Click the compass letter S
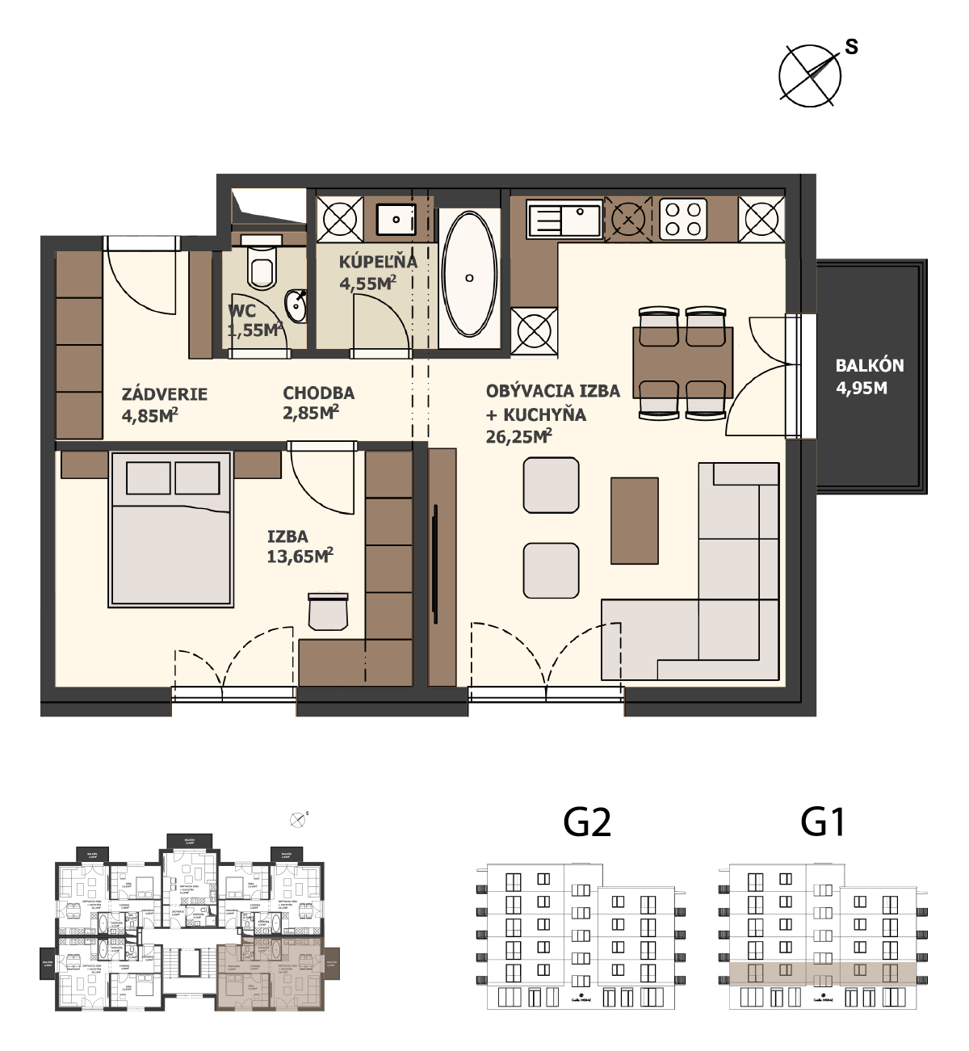(851, 47)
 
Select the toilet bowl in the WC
(262, 267)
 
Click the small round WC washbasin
(296, 306)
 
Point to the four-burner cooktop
(683, 219)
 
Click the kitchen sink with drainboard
(564, 219)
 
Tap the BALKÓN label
(869, 365)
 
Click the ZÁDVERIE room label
(165, 394)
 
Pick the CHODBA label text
(318, 393)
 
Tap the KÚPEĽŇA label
(378, 262)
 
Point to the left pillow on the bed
(149, 478)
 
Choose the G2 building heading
(587, 822)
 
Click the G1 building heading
(823, 822)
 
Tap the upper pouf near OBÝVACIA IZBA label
(551, 486)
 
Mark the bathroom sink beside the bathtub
(396, 218)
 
